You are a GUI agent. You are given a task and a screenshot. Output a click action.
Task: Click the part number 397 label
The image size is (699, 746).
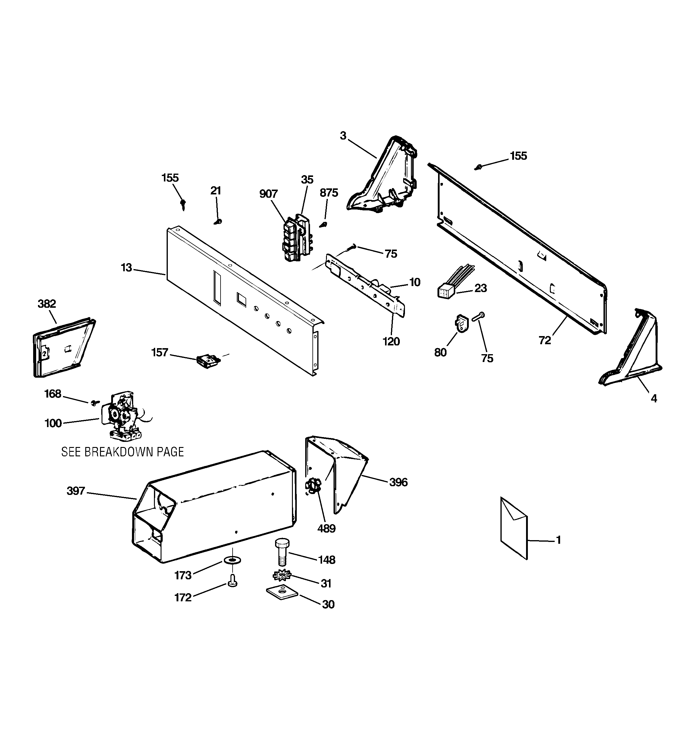click(76, 491)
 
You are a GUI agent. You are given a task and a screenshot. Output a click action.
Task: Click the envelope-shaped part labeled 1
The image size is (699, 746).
click(514, 527)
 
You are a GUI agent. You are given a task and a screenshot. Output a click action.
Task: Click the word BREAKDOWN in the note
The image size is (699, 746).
click(119, 452)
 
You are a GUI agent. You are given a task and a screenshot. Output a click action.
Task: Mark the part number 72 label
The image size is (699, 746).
click(545, 340)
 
